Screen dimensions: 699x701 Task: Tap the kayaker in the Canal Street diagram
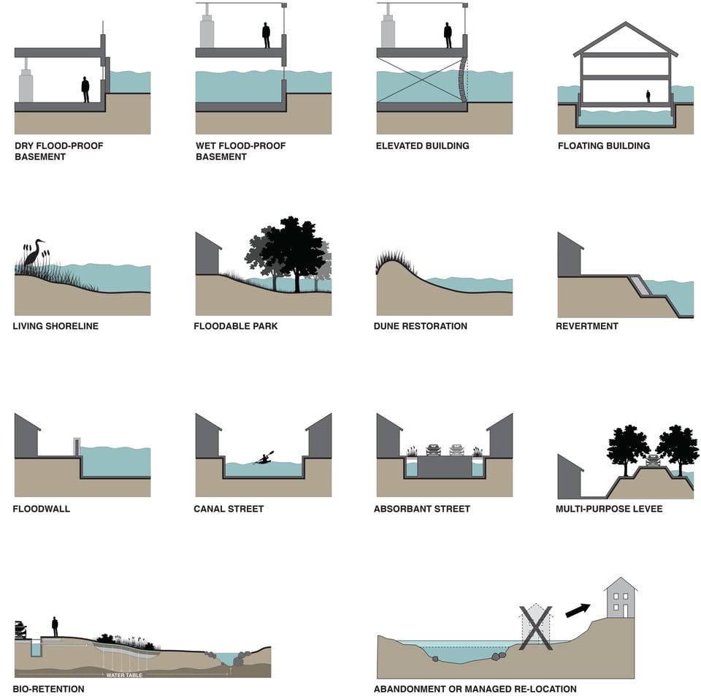click(263, 458)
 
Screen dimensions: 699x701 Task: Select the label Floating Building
click(603, 146)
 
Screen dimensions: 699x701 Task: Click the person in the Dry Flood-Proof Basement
click(85, 90)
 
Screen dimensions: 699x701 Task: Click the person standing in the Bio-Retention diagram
click(55, 627)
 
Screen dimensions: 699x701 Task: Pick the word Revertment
click(586, 326)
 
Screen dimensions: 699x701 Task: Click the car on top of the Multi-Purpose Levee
click(652, 460)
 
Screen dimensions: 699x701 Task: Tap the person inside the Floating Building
click(648, 96)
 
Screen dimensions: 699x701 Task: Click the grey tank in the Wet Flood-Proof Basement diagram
click(207, 31)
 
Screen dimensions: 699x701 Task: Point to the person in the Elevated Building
click(448, 34)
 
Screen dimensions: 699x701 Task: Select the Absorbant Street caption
click(421, 508)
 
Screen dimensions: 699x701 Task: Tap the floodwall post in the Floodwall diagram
click(77, 447)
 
